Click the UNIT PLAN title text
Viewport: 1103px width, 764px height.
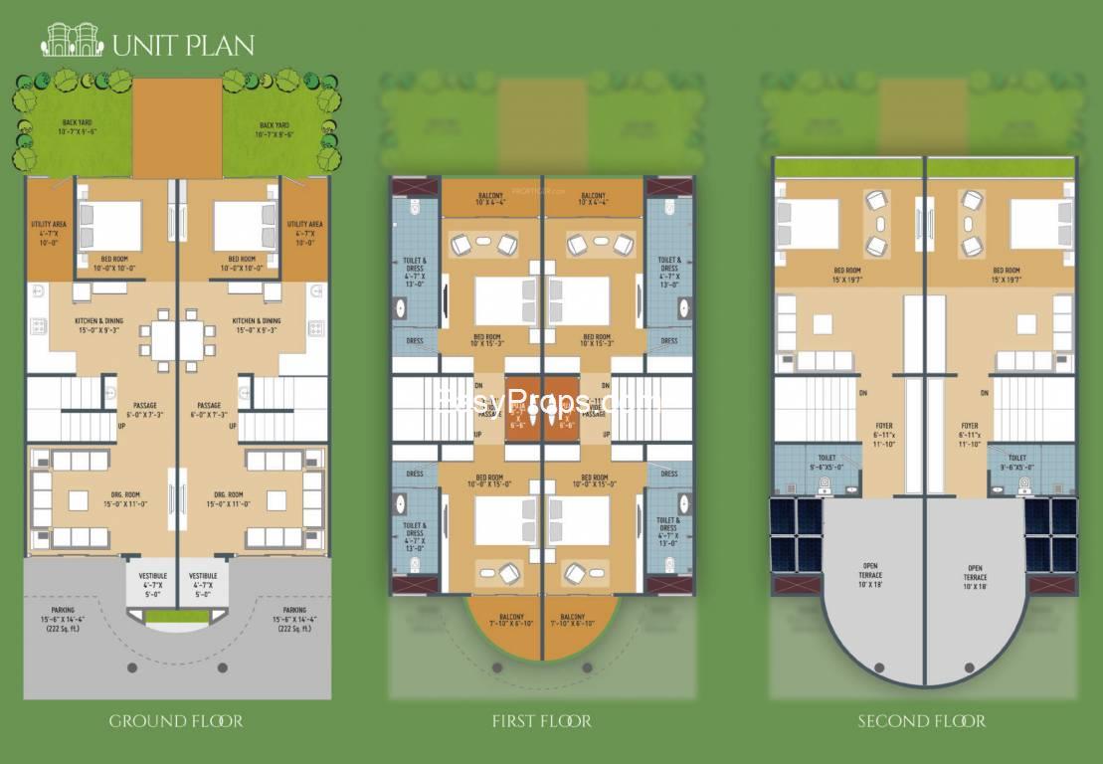[x=183, y=45]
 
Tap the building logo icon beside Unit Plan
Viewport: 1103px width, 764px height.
[x=72, y=41]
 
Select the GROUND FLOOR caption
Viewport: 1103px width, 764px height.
[x=176, y=721]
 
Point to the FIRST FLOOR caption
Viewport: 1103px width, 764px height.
[x=542, y=721]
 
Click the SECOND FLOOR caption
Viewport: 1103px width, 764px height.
[x=922, y=721]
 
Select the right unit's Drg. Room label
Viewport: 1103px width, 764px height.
[x=229, y=499]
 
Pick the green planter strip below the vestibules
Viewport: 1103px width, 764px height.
[x=177, y=618]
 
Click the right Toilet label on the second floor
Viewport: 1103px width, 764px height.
[x=1016, y=463]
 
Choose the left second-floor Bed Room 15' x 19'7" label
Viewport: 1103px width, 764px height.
[x=847, y=274]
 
